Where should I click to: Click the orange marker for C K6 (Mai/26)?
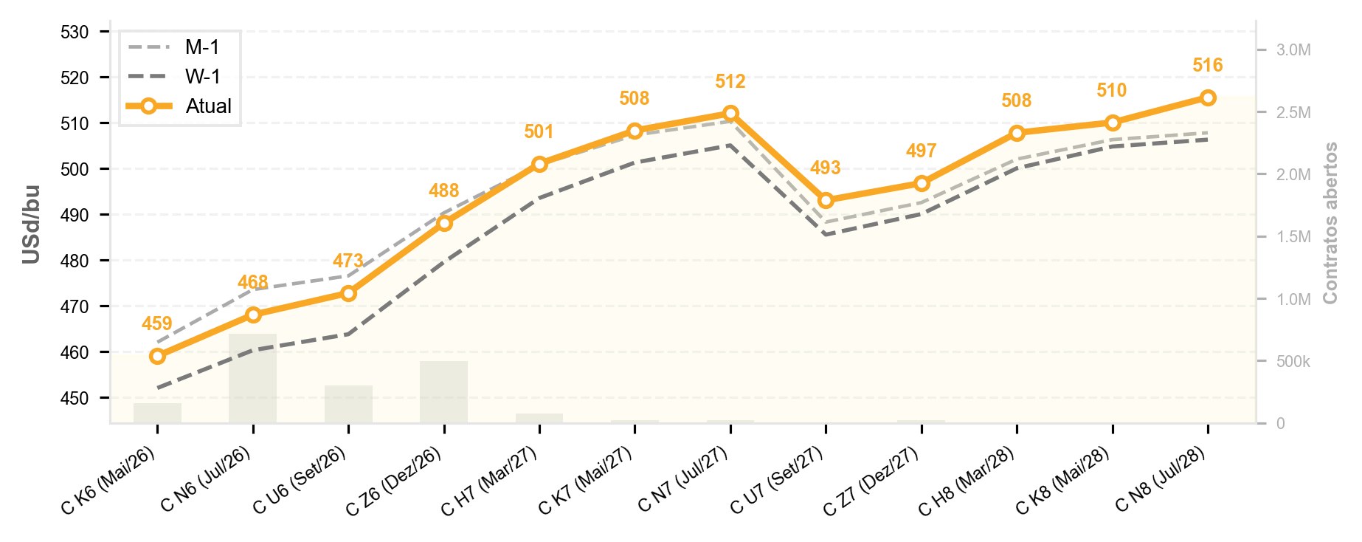coord(157,357)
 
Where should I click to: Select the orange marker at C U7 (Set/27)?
coord(826,201)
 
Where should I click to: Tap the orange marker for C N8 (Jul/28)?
coord(1208,98)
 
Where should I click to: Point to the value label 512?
coord(730,82)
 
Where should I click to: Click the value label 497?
coord(922,151)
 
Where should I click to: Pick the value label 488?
coord(444,191)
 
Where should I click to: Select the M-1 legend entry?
coord(173,47)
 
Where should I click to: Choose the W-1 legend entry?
coord(173,77)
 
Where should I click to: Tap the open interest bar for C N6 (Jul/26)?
coord(253,378)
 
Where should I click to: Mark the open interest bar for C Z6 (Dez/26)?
coord(444,392)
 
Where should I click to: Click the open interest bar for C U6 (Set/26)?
coord(348,404)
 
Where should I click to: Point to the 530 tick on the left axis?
coord(76,32)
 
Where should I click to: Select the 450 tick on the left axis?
coord(76,399)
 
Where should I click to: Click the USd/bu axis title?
coord(31,224)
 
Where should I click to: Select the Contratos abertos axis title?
coord(1330,223)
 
